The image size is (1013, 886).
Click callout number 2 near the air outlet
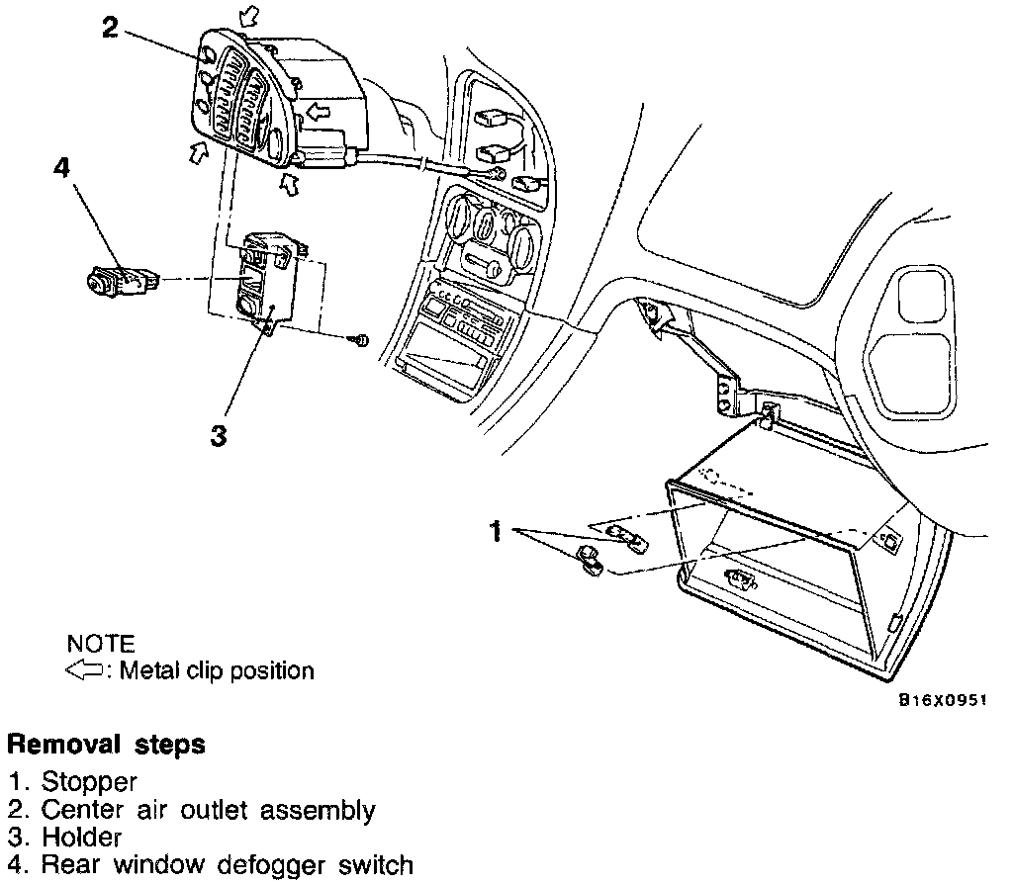coord(111,27)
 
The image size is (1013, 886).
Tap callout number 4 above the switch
coord(61,170)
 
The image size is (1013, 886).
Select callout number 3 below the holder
coord(220,434)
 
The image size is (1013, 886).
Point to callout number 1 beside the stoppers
coord(497,533)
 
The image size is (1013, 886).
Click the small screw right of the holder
coord(361,341)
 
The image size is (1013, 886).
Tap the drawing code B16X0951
coord(943,699)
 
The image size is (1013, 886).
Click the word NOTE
coord(100,645)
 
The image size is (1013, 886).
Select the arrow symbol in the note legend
coord(86,670)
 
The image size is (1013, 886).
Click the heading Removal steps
coord(107,744)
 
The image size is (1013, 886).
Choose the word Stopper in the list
coord(89,783)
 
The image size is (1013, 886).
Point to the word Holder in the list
coord(81,839)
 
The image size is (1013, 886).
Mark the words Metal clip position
coord(217,671)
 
